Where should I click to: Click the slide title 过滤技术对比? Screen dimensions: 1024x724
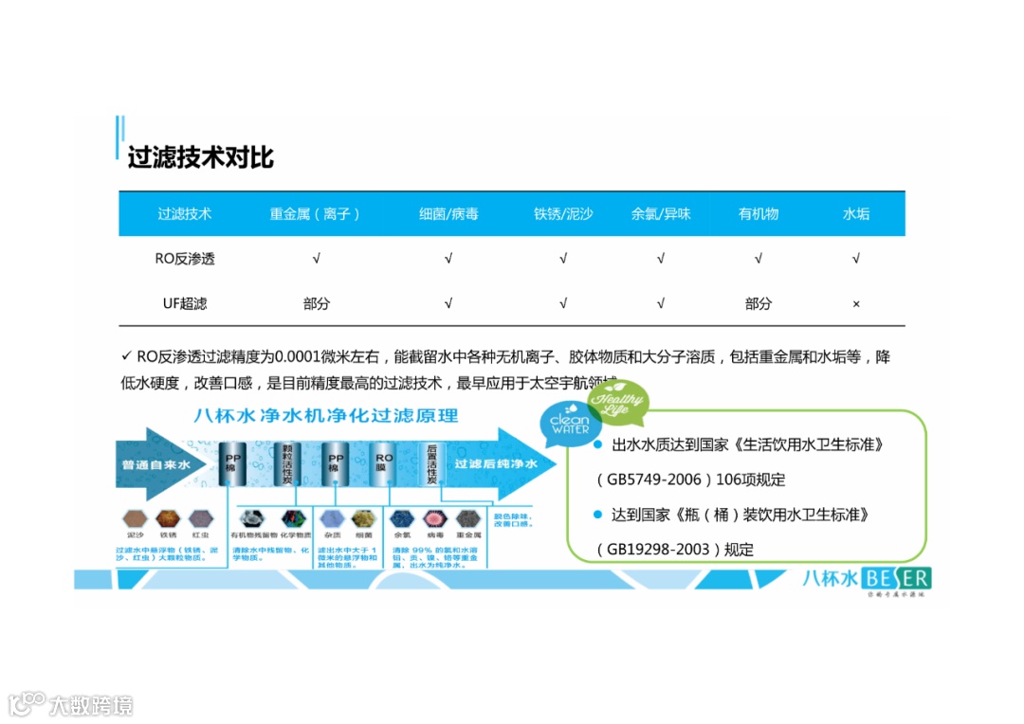click(200, 156)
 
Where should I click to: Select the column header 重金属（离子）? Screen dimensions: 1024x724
click(315, 214)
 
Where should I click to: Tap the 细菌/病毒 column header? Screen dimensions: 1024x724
click(448, 214)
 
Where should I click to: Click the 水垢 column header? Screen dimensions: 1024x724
click(855, 214)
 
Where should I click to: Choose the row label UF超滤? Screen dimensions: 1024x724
click(185, 304)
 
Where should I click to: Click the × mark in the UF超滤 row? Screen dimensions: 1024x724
click(855, 304)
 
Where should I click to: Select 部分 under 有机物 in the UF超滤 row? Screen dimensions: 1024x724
click(758, 304)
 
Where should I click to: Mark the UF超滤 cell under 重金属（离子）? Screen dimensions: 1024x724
click(316, 304)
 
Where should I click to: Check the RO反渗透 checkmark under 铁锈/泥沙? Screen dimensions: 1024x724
click(563, 259)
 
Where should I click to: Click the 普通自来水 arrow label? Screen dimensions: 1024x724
click(156, 465)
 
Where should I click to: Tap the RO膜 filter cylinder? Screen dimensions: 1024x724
click(384, 464)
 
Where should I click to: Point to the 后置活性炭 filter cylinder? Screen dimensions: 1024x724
click(432, 464)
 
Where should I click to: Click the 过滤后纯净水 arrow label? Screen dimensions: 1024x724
click(496, 464)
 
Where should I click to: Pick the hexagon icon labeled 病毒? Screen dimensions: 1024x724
click(435, 518)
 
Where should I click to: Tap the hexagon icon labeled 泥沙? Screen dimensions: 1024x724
click(136, 518)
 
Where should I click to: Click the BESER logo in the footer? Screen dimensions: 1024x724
click(896, 577)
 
